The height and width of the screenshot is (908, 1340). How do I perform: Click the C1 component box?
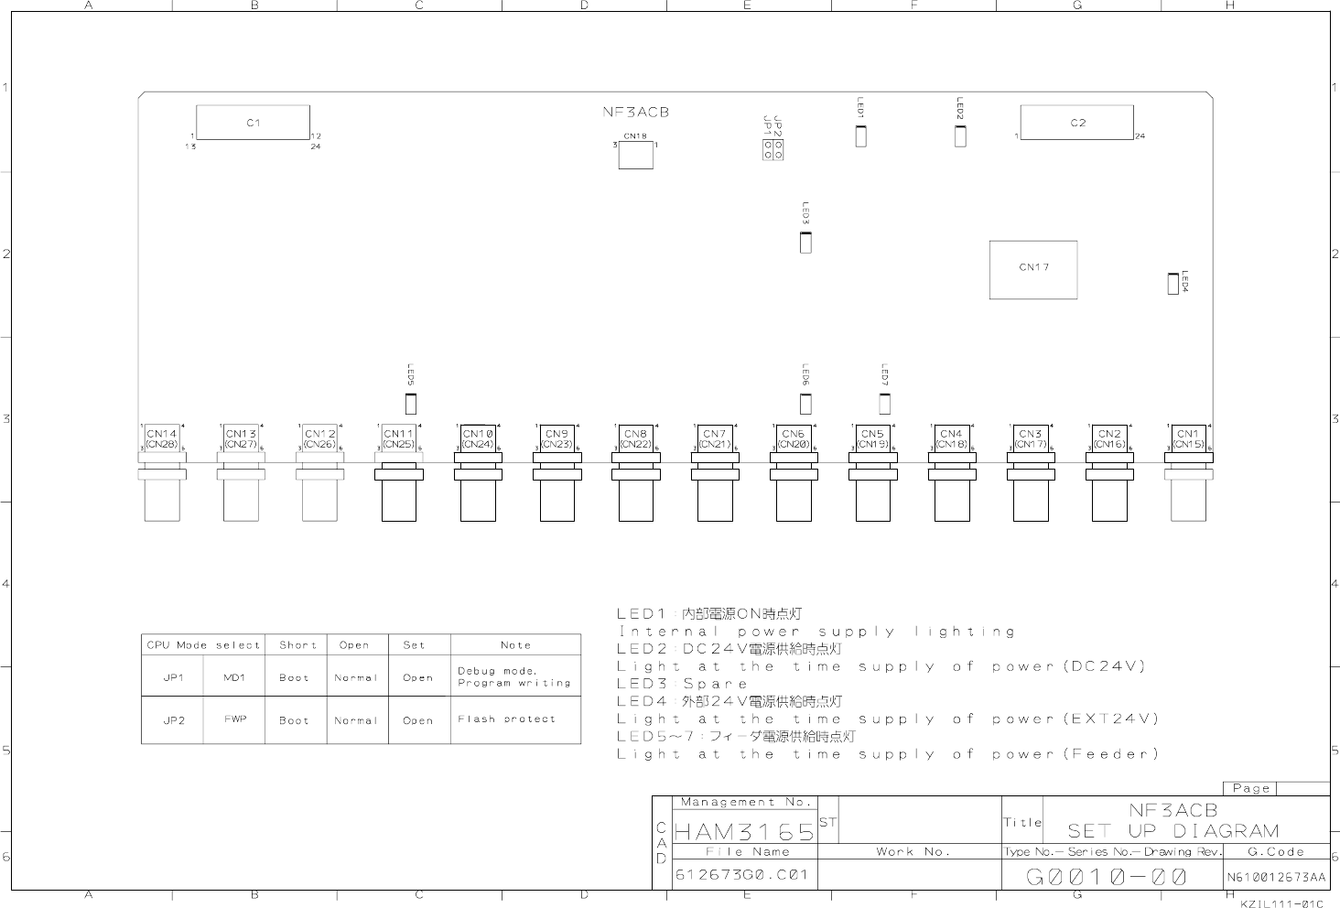tap(254, 123)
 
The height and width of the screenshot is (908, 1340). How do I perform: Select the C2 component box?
tap(1076, 123)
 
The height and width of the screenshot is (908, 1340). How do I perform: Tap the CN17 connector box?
tap(1033, 269)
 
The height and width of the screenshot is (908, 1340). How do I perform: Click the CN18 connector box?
tap(635, 156)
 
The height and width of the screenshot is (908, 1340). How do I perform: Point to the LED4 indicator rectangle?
tap(1172, 284)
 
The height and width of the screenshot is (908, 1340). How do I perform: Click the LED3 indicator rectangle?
tap(805, 243)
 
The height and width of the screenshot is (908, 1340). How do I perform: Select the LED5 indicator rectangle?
tap(410, 403)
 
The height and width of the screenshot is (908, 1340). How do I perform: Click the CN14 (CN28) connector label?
tap(162, 438)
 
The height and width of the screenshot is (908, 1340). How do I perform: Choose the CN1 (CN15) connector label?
tap(1188, 438)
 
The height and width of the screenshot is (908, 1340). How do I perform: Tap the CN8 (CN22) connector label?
tap(635, 438)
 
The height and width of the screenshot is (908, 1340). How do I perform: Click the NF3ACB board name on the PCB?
tap(635, 112)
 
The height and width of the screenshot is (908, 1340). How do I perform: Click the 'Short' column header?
tap(297, 645)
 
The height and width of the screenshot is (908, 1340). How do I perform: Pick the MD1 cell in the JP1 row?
tap(234, 677)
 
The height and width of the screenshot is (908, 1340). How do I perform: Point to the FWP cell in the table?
tap(234, 719)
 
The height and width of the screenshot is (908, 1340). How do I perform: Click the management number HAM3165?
tap(744, 832)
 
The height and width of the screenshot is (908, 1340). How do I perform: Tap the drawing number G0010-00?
tap(1108, 877)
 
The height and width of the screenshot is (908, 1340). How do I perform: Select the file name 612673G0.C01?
tap(741, 875)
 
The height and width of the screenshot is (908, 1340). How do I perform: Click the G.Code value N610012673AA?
tap(1276, 877)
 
